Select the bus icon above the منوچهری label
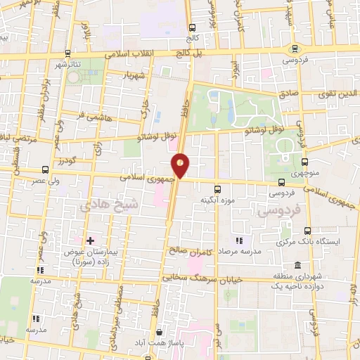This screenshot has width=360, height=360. click(304, 161)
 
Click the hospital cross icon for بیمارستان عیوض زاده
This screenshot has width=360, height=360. click(90, 240)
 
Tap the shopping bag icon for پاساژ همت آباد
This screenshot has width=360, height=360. click(160, 332)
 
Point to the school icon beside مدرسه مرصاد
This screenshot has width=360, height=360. click(238, 240)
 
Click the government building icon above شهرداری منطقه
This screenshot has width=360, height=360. click(298, 266)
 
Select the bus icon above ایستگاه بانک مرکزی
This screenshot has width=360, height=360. click(308, 230)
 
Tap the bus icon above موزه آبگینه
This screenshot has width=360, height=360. click(218, 188)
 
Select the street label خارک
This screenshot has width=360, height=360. click(146, 108)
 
